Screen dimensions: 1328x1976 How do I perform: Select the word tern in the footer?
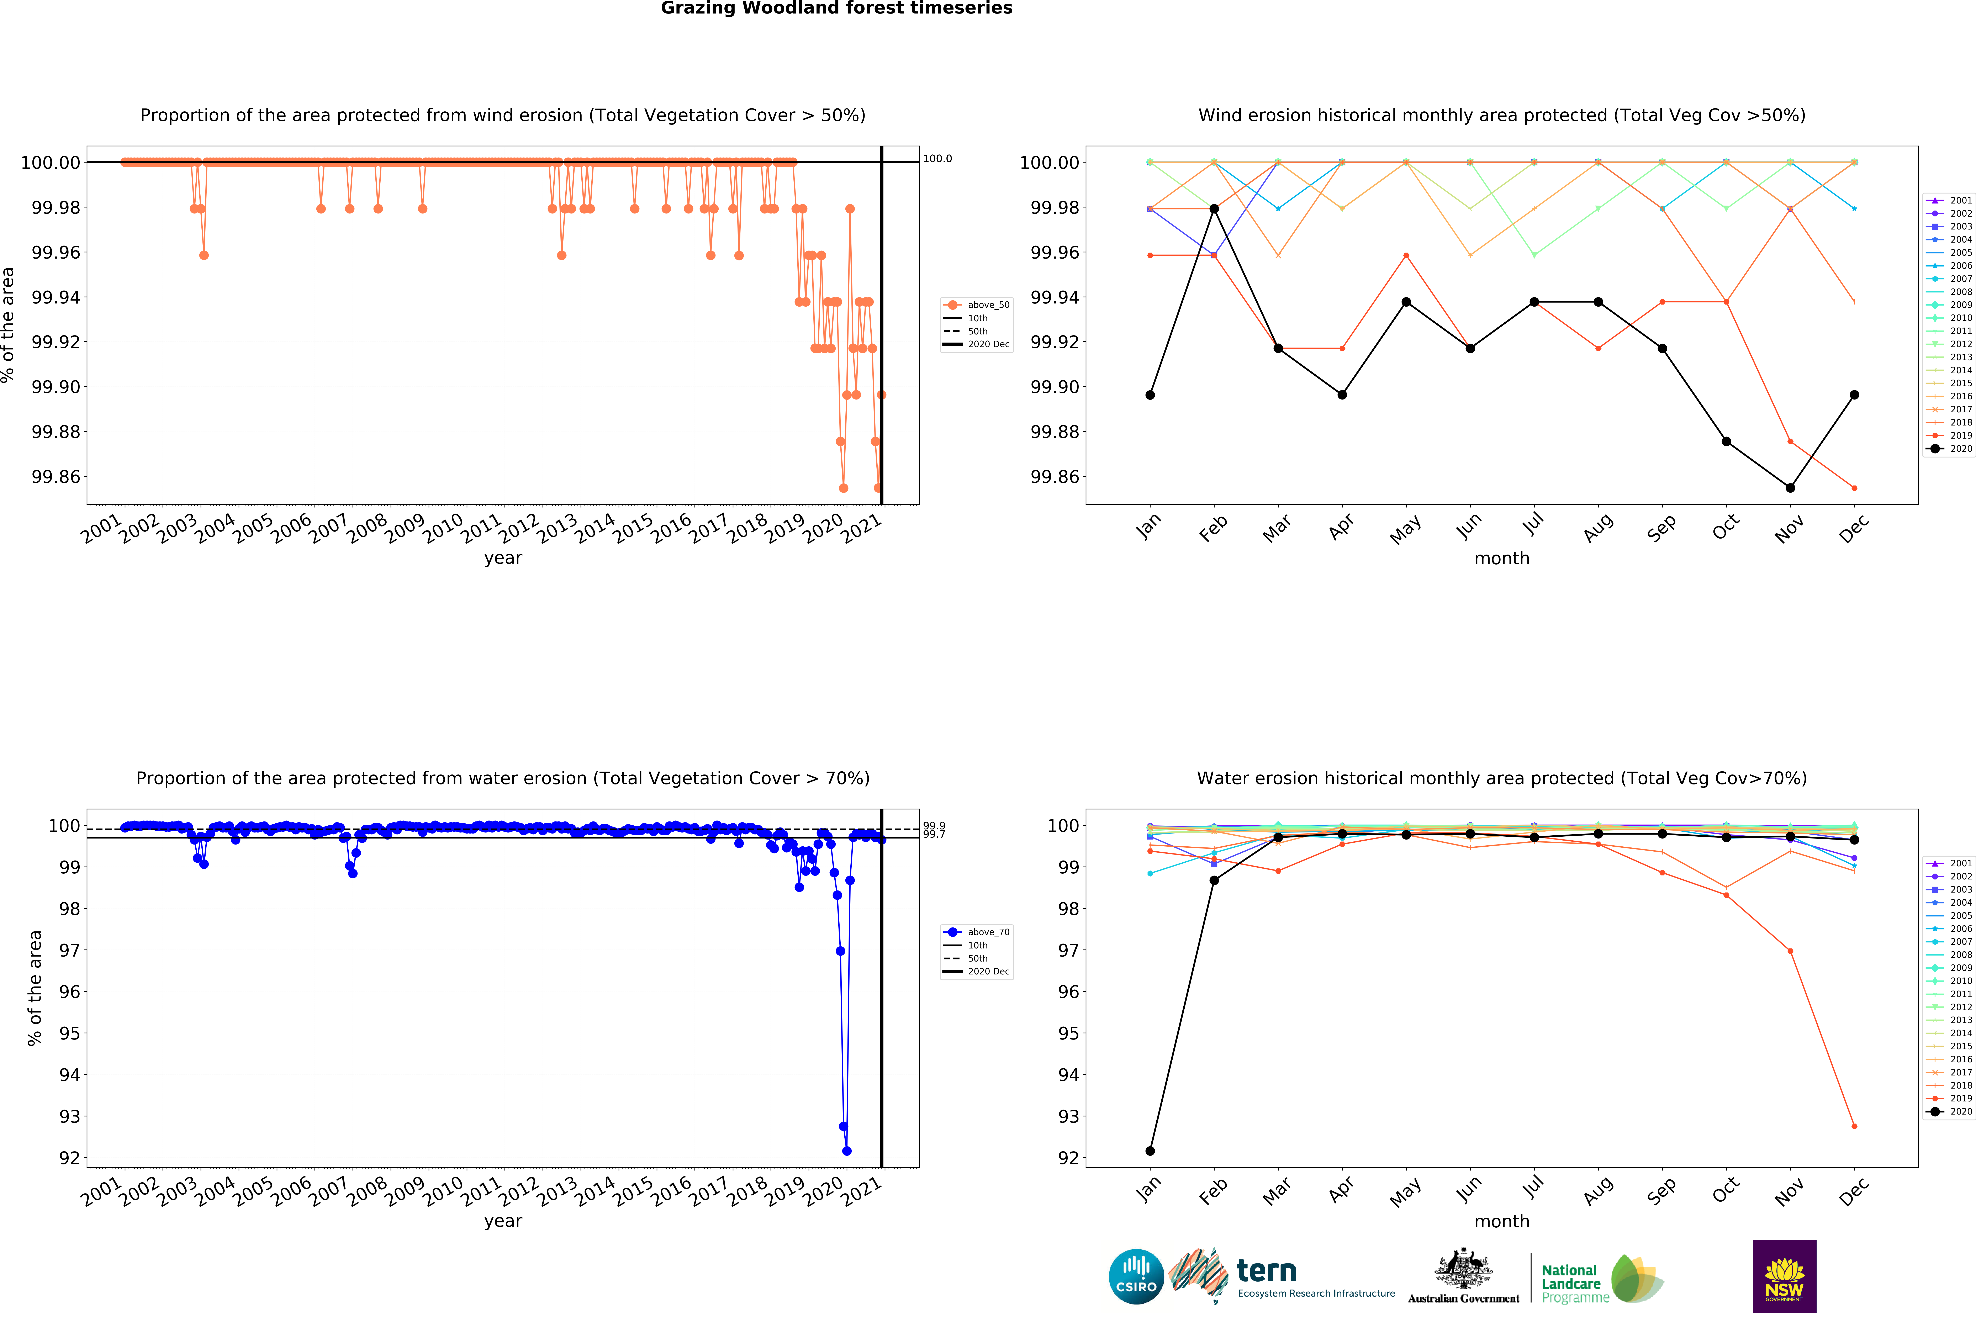point(1266,1270)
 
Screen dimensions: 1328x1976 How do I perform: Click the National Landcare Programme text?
point(1575,1283)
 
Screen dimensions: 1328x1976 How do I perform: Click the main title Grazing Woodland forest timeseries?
point(836,9)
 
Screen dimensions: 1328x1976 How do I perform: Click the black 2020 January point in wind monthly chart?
point(1149,395)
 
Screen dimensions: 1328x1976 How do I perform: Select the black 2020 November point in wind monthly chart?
point(1790,488)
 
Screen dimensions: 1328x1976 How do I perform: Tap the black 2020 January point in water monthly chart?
point(1149,1151)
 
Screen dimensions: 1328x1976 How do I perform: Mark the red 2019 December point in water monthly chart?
point(1854,1126)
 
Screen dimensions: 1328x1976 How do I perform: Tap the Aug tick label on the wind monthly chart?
point(1597,529)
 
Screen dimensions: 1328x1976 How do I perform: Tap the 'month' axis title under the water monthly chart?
point(1502,1221)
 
